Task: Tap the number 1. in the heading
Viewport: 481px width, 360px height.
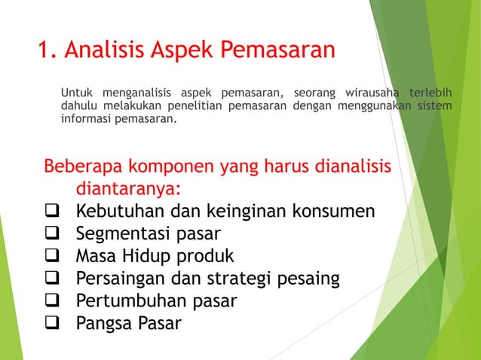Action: (47, 50)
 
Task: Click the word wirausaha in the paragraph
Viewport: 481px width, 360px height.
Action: (372, 93)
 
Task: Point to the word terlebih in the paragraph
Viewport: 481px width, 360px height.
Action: (430, 93)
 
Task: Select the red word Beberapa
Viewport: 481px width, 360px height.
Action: (83, 166)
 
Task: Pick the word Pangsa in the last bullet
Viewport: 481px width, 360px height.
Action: (103, 324)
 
